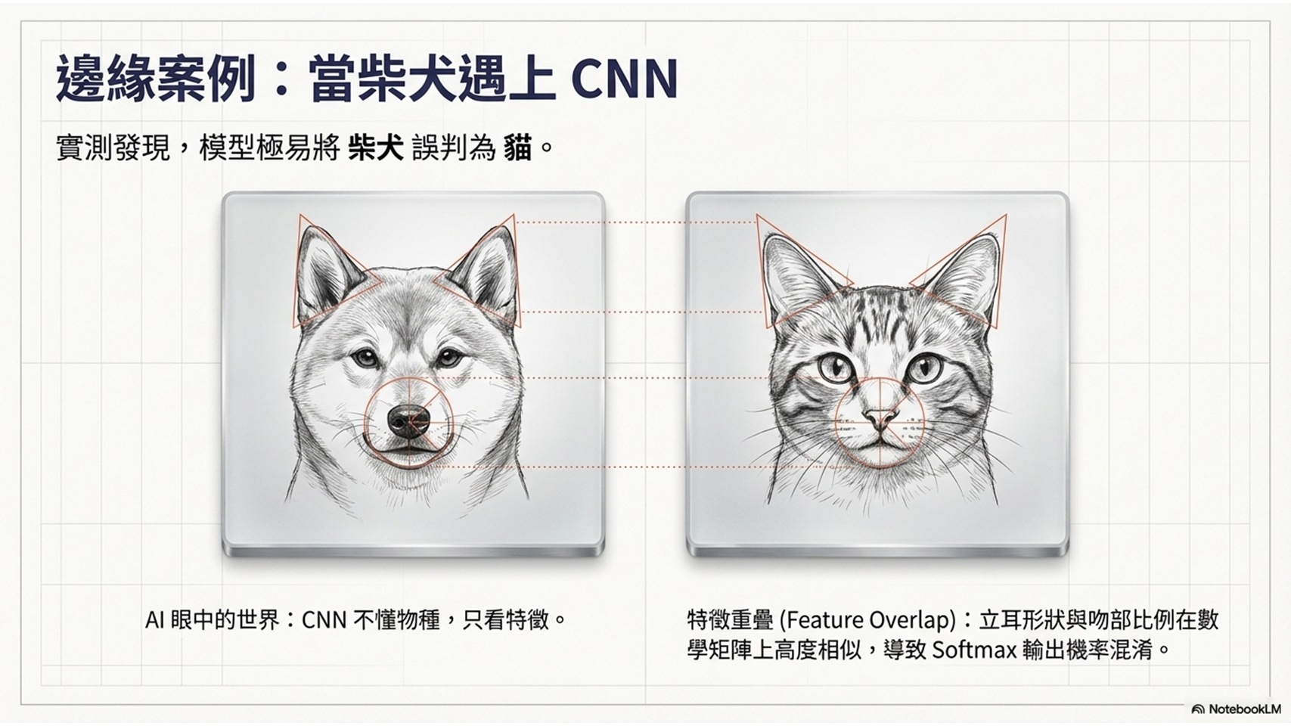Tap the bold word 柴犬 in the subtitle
376,149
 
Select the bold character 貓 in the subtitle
517,149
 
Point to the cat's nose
880,418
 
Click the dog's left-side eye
365,358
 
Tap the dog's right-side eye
448,358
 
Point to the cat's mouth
880,441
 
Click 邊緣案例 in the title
156,79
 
